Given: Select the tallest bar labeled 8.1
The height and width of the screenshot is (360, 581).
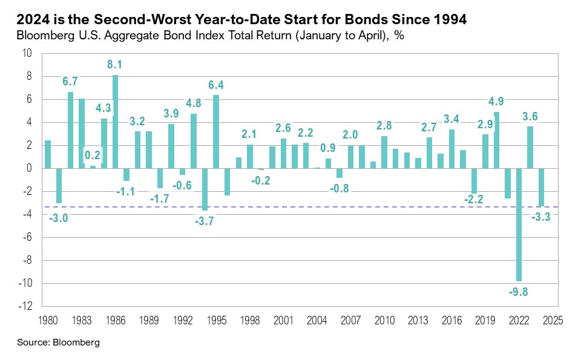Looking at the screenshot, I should pyautogui.click(x=115, y=122).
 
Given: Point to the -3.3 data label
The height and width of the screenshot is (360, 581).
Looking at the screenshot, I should pyautogui.click(x=542, y=217).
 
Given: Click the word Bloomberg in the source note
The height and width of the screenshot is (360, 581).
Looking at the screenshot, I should pyautogui.click(x=76, y=342).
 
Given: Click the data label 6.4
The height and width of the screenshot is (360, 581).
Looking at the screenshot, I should pyautogui.click(x=216, y=85).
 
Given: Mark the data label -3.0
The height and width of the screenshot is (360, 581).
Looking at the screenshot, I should pyautogui.click(x=59, y=218).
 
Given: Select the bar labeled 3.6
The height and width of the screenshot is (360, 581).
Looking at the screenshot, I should pyautogui.click(x=530, y=147).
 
